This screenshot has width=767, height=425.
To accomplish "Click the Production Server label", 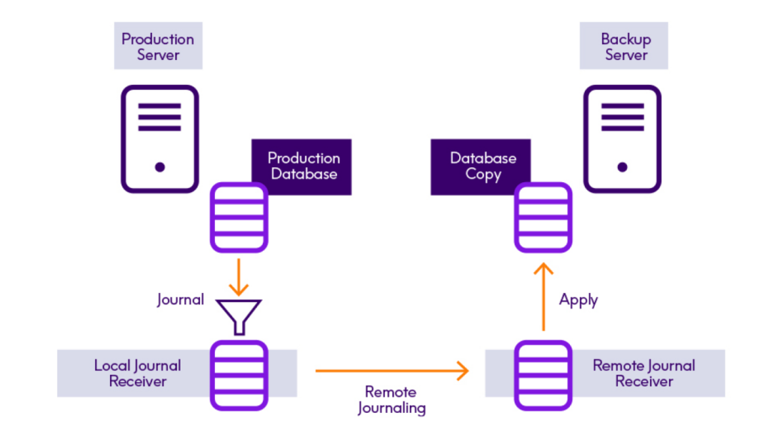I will (x=158, y=46).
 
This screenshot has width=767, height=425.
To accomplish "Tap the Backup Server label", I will (x=625, y=46).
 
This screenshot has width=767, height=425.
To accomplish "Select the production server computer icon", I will (x=160, y=139).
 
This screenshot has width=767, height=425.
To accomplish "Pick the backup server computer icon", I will (x=622, y=139).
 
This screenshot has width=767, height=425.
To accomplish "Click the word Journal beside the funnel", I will (x=180, y=300).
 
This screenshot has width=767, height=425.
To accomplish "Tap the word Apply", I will (x=578, y=300).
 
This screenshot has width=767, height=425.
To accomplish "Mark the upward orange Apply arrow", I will (x=544, y=297).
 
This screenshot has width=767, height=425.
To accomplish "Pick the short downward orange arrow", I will (x=239, y=278).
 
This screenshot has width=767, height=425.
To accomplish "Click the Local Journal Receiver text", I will (x=137, y=373).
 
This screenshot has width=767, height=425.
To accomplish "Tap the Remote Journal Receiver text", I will (x=644, y=373).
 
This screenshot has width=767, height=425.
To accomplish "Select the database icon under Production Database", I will (x=239, y=217).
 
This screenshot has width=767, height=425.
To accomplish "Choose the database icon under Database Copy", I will (x=543, y=217).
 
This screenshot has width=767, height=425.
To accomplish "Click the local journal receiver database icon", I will (x=239, y=375).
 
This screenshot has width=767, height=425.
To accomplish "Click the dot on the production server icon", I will (x=160, y=167).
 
